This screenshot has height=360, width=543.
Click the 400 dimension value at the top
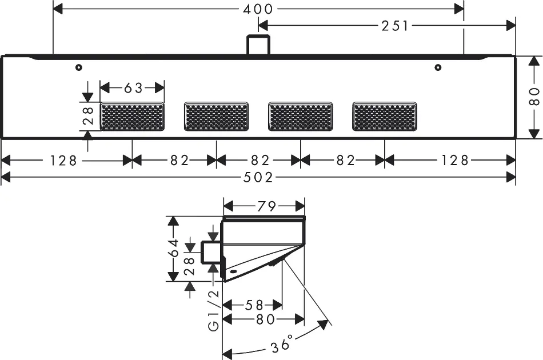click(258, 9)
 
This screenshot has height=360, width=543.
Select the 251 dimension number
click(395, 25)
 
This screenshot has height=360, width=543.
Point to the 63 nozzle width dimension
click(133, 88)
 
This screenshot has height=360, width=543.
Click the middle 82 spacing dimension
click(258, 161)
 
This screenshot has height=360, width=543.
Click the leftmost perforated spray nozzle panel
click(132, 117)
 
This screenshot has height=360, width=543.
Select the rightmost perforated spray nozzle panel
click(385, 117)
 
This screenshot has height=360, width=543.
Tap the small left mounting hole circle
click(78, 68)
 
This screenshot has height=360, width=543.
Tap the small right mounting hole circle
click(437, 68)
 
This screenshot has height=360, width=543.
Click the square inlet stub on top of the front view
click(258, 45)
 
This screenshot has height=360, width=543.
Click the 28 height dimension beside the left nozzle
click(88, 117)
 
